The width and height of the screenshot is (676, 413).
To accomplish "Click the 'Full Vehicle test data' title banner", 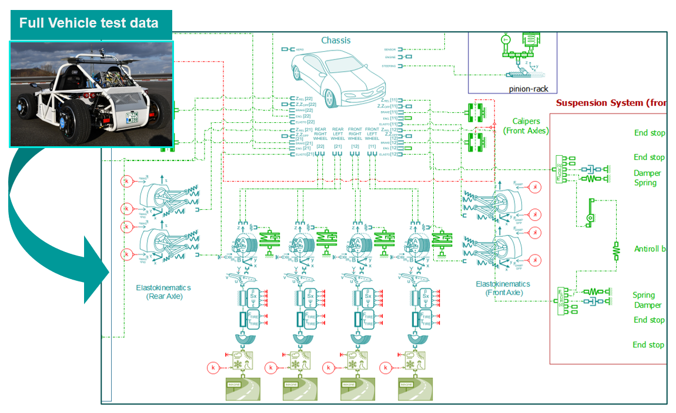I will tap(89, 23).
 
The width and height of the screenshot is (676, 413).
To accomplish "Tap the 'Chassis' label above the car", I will tap(336, 41).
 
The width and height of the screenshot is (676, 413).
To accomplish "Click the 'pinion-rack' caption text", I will tap(511, 89).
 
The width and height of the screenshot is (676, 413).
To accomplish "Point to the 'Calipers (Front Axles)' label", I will tap(526, 126).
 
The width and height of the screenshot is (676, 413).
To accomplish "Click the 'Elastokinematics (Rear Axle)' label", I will tap(164, 292).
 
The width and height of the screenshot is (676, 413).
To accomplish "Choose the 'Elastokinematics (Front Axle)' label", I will tap(503, 288).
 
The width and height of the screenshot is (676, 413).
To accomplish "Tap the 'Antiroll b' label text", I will tap(650, 249).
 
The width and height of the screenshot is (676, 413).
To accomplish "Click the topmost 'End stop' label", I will tap(649, 133).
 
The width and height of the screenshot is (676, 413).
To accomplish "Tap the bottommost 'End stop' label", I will tap(648, 345).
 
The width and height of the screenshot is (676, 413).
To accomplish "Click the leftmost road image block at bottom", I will tap(242, 389).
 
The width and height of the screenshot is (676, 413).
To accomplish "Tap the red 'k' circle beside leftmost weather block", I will tap(213, 368).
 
